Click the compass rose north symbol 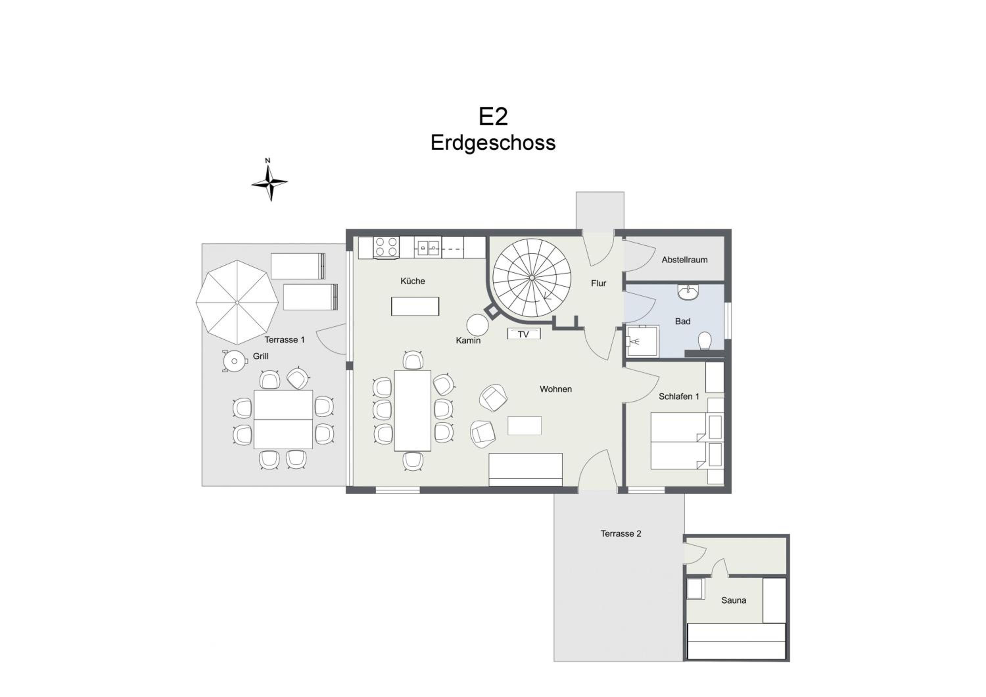click(x=269, y=180)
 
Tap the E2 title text click(x=493, y=116)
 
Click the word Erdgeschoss click(x=493, y=143)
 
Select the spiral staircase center click(x=532, y=278)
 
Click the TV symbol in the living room click(x=524, y=334)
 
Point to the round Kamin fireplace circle click(x=478, y=325)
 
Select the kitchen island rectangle click(x=415, y=306)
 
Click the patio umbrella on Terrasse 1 click(x=237, y=302)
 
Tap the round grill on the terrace click(x=234, y=361)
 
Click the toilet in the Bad click(x=705, y=341)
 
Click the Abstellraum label click(x=685, y=260)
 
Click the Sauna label click(x=734, y=600)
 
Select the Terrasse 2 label click(x=621, y=533)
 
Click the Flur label click(x=599, y=283)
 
